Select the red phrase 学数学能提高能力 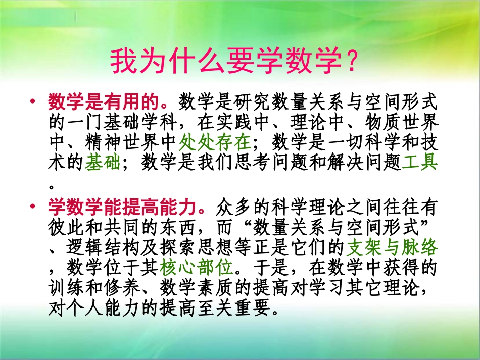[125, 207]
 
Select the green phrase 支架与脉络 [392, 247]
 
